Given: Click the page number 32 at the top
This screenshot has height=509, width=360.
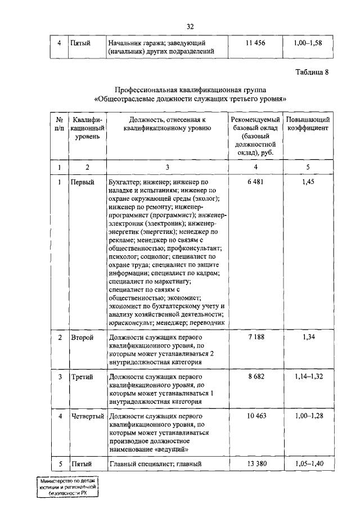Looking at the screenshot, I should (x=190, y=26).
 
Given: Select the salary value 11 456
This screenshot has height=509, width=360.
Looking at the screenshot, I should (x=255, y=43).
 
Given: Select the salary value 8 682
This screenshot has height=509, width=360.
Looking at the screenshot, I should (x=255, y=376).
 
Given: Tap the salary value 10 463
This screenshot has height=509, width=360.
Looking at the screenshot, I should (x=255, y=415).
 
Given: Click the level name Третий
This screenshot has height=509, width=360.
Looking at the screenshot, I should (x=82, y=376).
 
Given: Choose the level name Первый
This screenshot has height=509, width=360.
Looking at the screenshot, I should (x=82, y=183).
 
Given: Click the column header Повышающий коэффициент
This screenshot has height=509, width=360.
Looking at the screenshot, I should (x=308, y=124).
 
